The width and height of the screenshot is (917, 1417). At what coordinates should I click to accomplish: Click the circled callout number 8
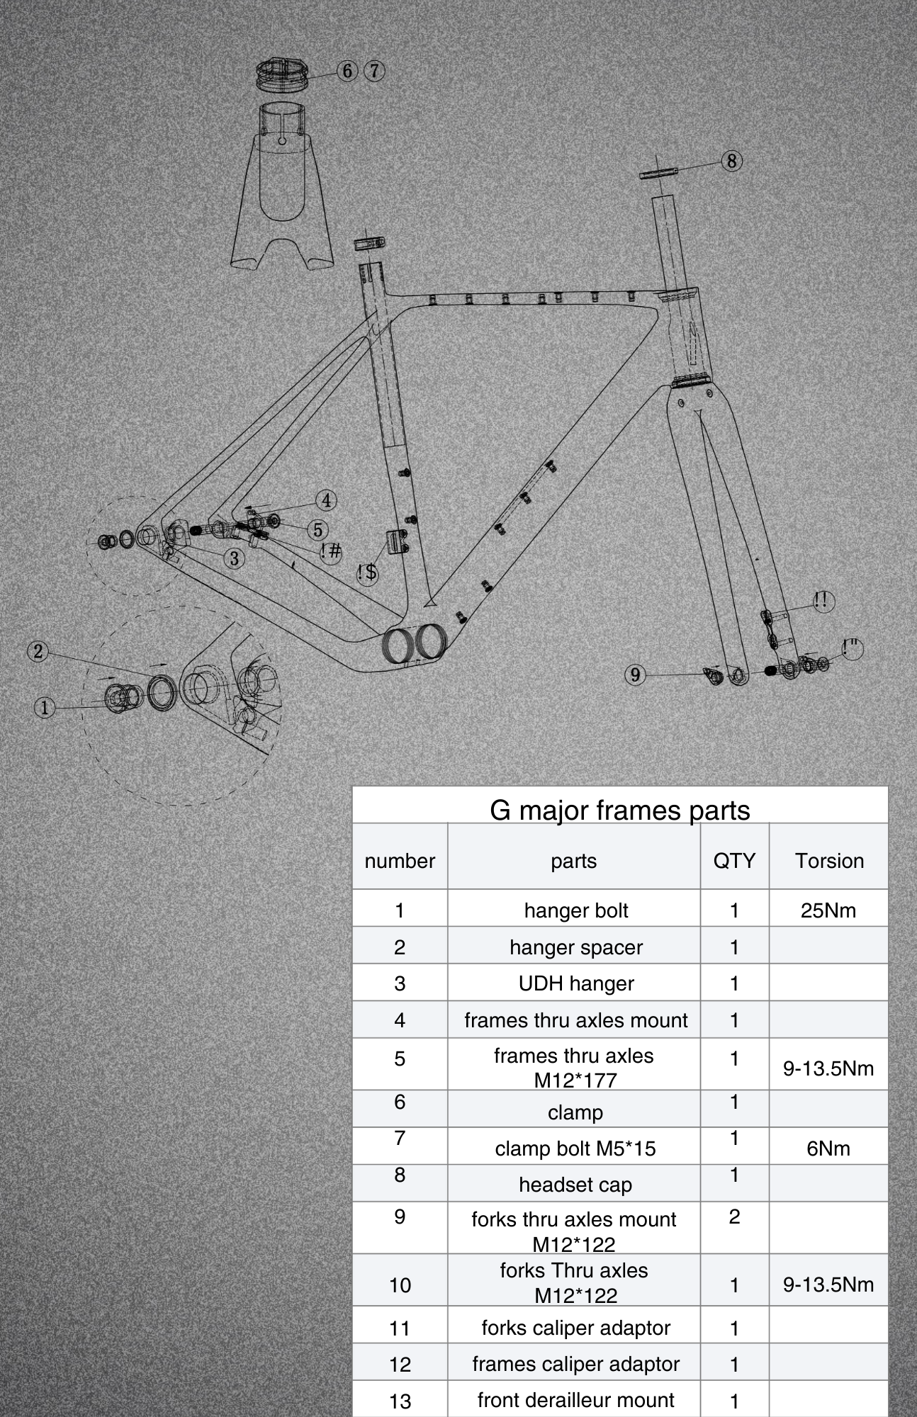(731, 161)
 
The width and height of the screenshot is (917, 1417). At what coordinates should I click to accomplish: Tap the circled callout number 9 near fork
(635, 674)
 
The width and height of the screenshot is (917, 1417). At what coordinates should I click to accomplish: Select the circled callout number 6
(347, 71)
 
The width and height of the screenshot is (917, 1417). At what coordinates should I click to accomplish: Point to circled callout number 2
(38, 651)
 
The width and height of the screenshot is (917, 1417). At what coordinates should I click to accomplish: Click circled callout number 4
(326, 500)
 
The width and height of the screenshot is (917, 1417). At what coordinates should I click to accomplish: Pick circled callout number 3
(235, 558)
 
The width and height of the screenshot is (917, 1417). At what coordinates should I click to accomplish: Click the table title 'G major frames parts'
(620, 810)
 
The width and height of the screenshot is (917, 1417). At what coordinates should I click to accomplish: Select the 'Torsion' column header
(828, 861)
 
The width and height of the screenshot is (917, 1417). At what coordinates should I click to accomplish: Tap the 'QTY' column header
(734, 861)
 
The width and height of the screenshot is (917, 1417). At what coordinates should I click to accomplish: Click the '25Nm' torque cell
(828, 910)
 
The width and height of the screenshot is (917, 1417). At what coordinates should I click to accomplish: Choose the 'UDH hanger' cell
(575, 983)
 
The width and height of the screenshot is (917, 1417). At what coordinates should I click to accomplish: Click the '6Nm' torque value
(828, 1148)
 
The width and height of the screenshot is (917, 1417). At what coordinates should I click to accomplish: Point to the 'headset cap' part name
(575, 1185)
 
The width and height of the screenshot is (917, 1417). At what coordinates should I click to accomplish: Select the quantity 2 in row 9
(734, 1216)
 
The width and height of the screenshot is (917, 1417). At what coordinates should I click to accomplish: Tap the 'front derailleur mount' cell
(575, 1400)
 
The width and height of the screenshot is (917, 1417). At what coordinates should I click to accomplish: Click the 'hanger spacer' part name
(575, 947)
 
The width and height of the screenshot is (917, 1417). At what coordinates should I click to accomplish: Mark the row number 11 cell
(400, 1328)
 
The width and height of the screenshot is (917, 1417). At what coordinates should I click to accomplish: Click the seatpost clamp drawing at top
(281, 74)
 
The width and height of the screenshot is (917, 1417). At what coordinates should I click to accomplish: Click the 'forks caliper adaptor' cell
(575, 1328)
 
